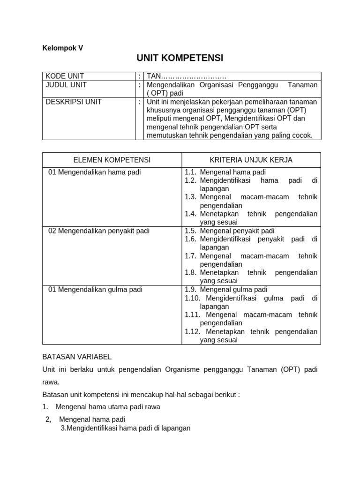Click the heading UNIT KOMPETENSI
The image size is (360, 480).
pos(180,58)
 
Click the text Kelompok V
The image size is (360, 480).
pos(62,47)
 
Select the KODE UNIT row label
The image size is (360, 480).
pos(65,76)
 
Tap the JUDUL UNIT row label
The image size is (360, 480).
pos(66,85)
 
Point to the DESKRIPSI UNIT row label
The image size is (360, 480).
pos(73,102)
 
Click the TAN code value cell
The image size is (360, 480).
pos(187,76)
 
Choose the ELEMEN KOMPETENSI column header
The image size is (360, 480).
pos(112,160)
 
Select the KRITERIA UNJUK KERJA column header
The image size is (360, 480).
pos(251,160)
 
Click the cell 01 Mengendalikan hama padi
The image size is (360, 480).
pos(95,172)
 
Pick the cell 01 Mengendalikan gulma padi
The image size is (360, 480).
pos(95,290)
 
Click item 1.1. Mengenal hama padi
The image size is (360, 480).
pos(225,172)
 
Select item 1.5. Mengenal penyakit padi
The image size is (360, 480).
pos(230,231)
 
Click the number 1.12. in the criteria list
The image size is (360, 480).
pos(193,332)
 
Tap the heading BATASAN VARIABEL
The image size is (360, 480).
pos(77,357)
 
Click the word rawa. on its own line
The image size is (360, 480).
pos(51,382)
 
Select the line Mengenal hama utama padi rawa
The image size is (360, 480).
pos(107,407)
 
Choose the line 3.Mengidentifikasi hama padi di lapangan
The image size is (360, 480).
pos(126,428)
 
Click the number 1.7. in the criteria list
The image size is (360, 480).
pos(190,256)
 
